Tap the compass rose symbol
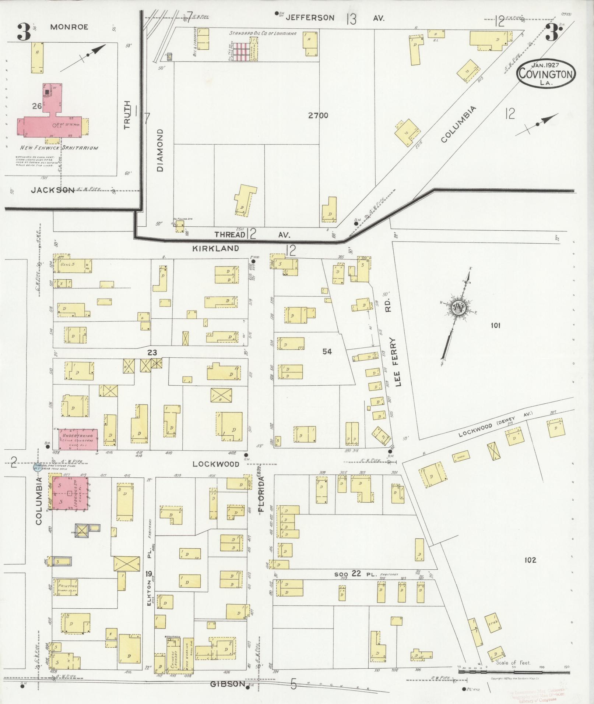pyautogui.click(x=458, y=308)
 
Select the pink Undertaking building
pyautogui.click(x=78, y=439)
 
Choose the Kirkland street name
pyautogui.click(x=215, y=248)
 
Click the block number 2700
pyautogui.click(x=318, y=116)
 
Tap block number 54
pyautogui.click(x=327, y=351)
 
